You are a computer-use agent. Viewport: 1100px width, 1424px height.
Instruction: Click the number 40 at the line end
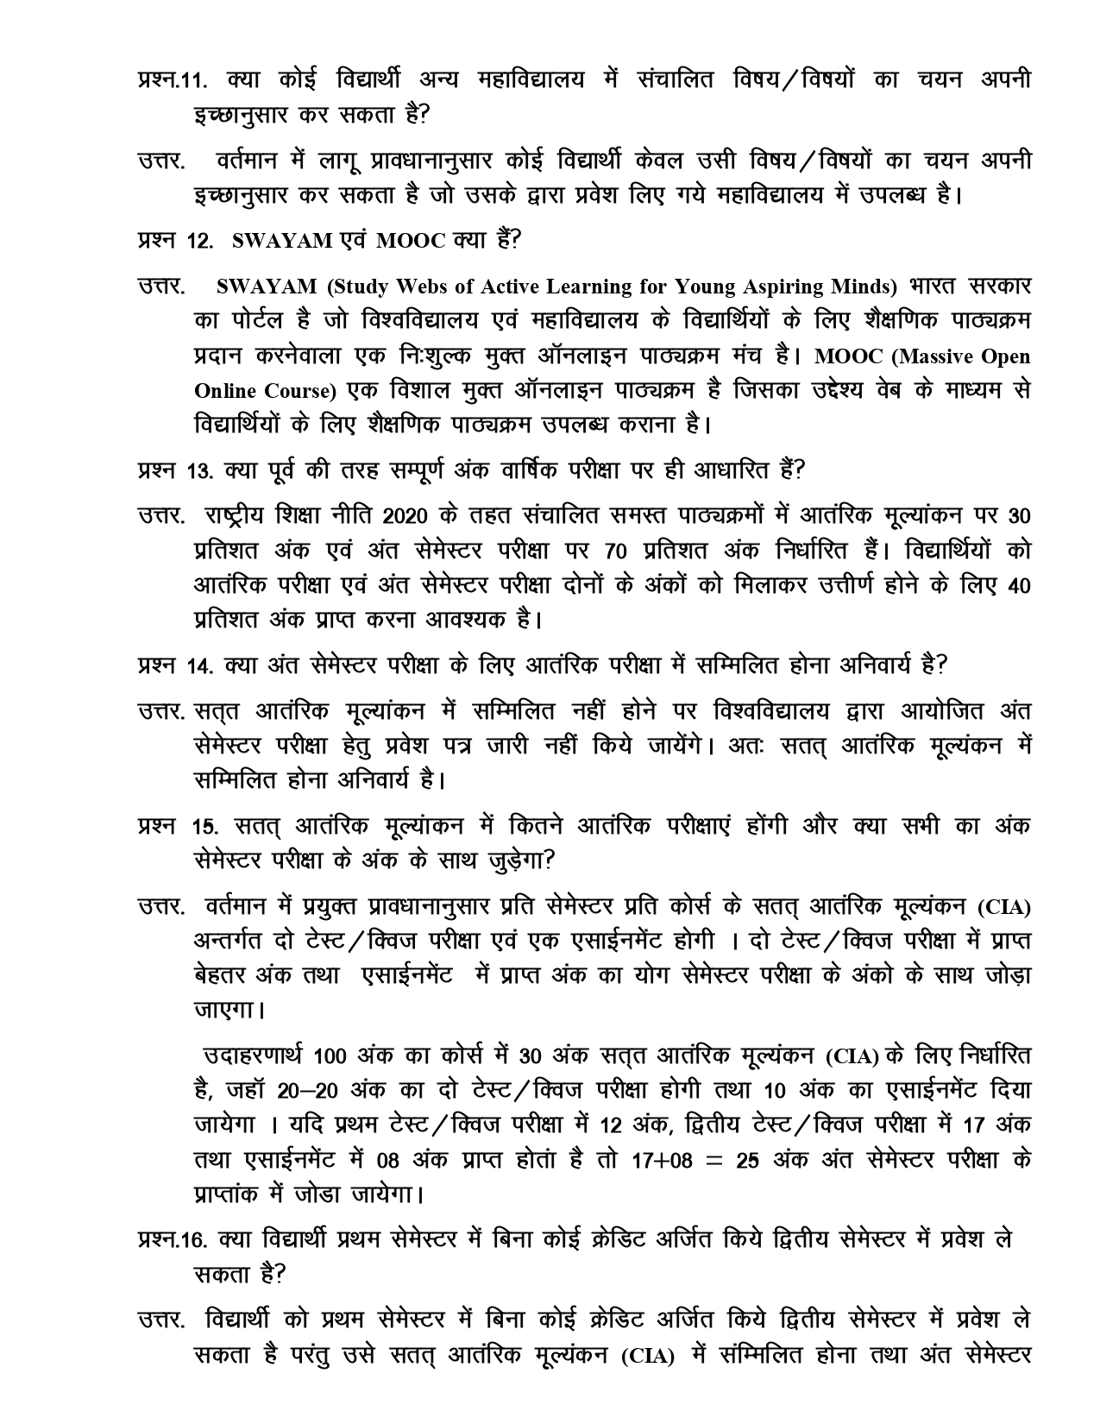[1018, 585]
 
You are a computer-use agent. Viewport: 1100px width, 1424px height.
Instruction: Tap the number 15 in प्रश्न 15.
[205, 827]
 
